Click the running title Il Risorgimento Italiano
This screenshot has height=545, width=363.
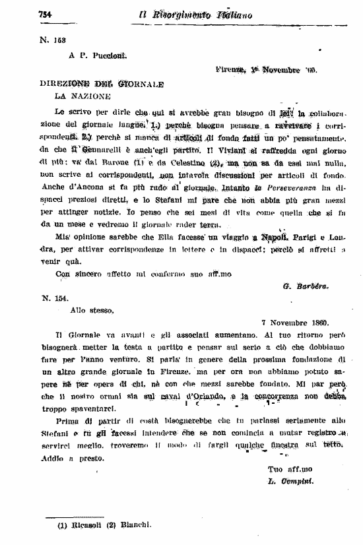point(196,15)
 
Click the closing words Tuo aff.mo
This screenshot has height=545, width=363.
point(284,469)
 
